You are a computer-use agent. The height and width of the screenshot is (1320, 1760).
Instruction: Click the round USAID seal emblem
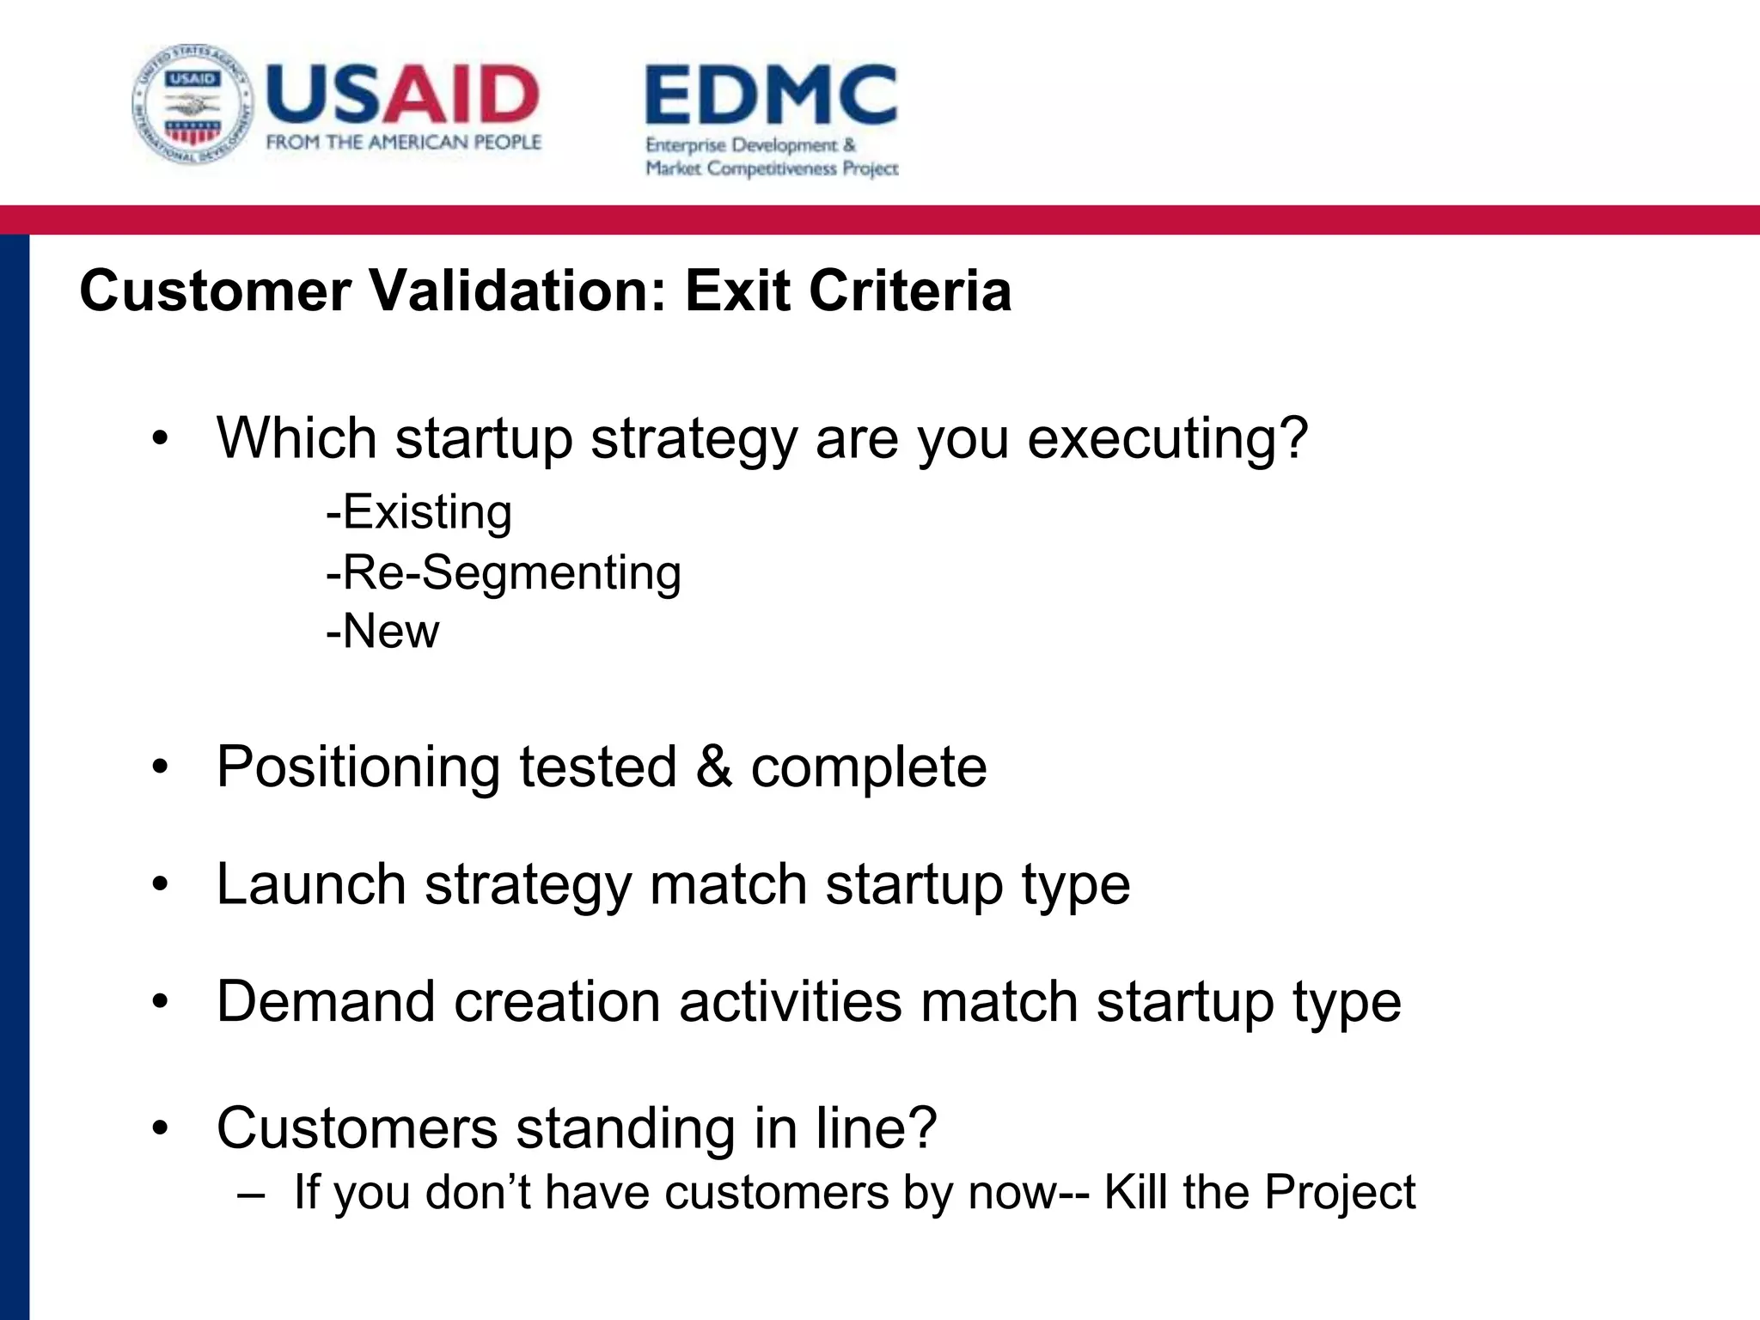(x=193, y=105)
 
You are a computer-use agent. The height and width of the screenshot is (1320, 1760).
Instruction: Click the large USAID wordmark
(x=402, y=94)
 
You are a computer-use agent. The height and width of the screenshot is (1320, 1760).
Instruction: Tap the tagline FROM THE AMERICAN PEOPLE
(x=403, y=143)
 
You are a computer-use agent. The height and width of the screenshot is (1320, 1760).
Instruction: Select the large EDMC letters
(x=771, y=95)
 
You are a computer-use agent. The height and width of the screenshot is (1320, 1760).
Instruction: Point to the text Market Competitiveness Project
(x=772, y=168)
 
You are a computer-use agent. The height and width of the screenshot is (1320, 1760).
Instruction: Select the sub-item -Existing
(x=419, y=512)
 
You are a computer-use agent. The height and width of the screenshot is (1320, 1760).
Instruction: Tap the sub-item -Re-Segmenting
(x=503, y=572)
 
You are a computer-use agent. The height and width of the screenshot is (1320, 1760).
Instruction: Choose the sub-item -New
(x=382, y=632)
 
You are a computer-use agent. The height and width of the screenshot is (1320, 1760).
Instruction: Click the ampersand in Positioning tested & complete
(x=713, y=767)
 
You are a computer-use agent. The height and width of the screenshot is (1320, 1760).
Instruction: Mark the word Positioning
(x=357, y=767)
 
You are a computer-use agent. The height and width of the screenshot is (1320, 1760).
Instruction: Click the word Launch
(x=311, y=884)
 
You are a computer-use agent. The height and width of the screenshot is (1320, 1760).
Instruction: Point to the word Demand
(x=326, y=1002)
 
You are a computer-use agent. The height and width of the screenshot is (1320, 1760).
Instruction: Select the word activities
(x=790, y=1002)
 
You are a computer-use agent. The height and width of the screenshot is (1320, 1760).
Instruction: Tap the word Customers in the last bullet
(x=357, y=1127)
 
